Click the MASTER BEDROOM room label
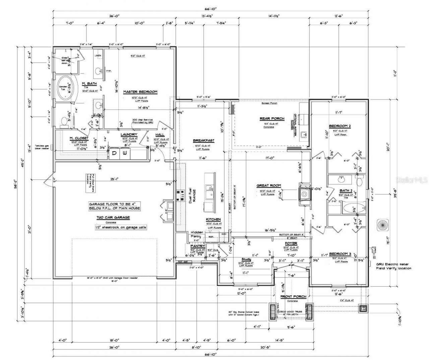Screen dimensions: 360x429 (140, 92)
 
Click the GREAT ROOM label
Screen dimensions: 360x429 (268, 185)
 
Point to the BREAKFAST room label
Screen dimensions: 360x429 (203, 140)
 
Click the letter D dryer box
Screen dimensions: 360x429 (114, 153)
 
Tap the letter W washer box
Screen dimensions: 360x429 (124, 153)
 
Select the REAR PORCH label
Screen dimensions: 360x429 (272, 118)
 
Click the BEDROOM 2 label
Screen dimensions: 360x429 (340, 126)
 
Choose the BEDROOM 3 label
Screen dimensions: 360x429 (340, 253)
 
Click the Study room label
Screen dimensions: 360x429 (246, 259)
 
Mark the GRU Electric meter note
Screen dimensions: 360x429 (393, 266)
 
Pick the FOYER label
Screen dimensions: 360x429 (291, 243)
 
